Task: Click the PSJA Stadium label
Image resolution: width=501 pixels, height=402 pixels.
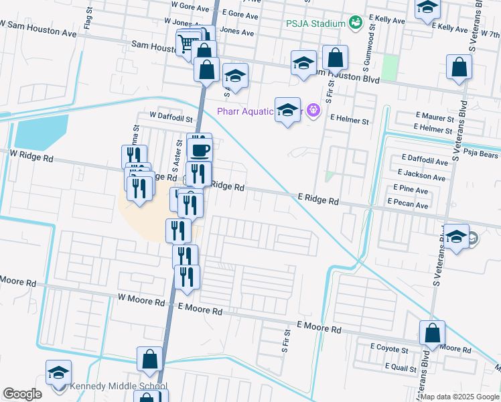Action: [315, 23]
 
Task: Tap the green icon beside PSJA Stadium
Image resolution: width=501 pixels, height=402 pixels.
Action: [356, 23]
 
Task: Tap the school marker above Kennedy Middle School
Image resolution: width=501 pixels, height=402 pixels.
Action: [58, 373]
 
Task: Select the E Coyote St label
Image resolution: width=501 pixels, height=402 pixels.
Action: [389, 349]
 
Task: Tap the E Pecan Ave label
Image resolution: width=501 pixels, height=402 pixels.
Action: [407, 206]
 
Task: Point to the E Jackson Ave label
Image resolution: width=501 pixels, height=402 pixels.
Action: [421, 178]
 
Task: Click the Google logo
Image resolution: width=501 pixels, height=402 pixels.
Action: [22, 395]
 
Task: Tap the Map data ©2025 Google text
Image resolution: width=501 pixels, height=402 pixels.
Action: [460, 397]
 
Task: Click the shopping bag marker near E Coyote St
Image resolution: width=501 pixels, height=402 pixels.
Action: [433, 334]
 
